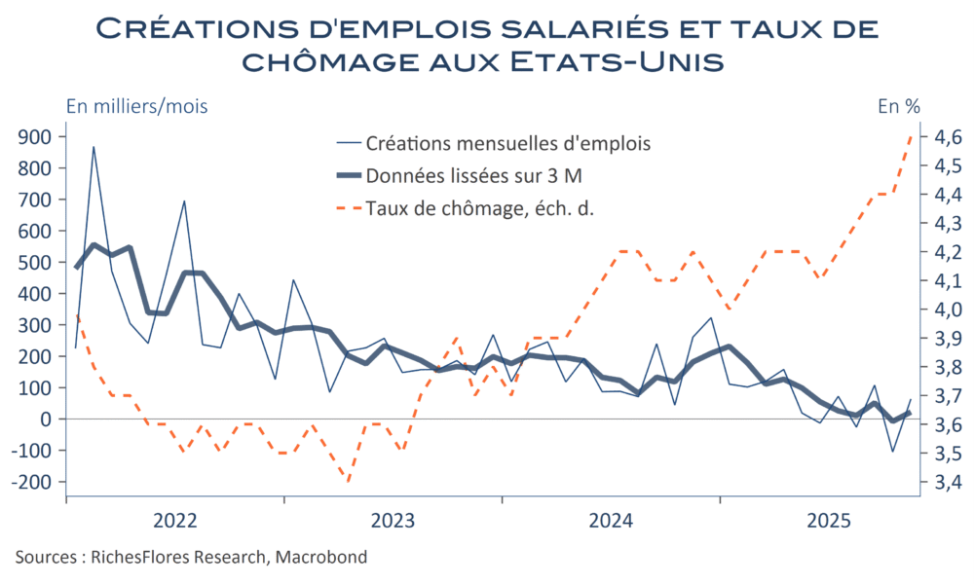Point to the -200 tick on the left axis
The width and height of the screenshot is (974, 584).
tap(33, 482)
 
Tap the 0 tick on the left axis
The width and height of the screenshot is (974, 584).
tap(46, 420)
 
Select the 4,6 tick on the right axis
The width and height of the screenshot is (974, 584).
tap(948, 137)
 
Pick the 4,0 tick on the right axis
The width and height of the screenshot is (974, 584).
tap(948, 310)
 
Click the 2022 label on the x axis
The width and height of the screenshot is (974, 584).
tap(175, 519)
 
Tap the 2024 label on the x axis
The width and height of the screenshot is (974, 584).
tap(611, 519)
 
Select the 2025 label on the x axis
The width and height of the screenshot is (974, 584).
tap(829, 519)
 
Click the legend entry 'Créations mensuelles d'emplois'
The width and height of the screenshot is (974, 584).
tap(507, 144)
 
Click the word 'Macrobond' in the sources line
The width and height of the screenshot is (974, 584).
tap(321, 558)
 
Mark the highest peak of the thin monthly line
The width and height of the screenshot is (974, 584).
tap(94, 147)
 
